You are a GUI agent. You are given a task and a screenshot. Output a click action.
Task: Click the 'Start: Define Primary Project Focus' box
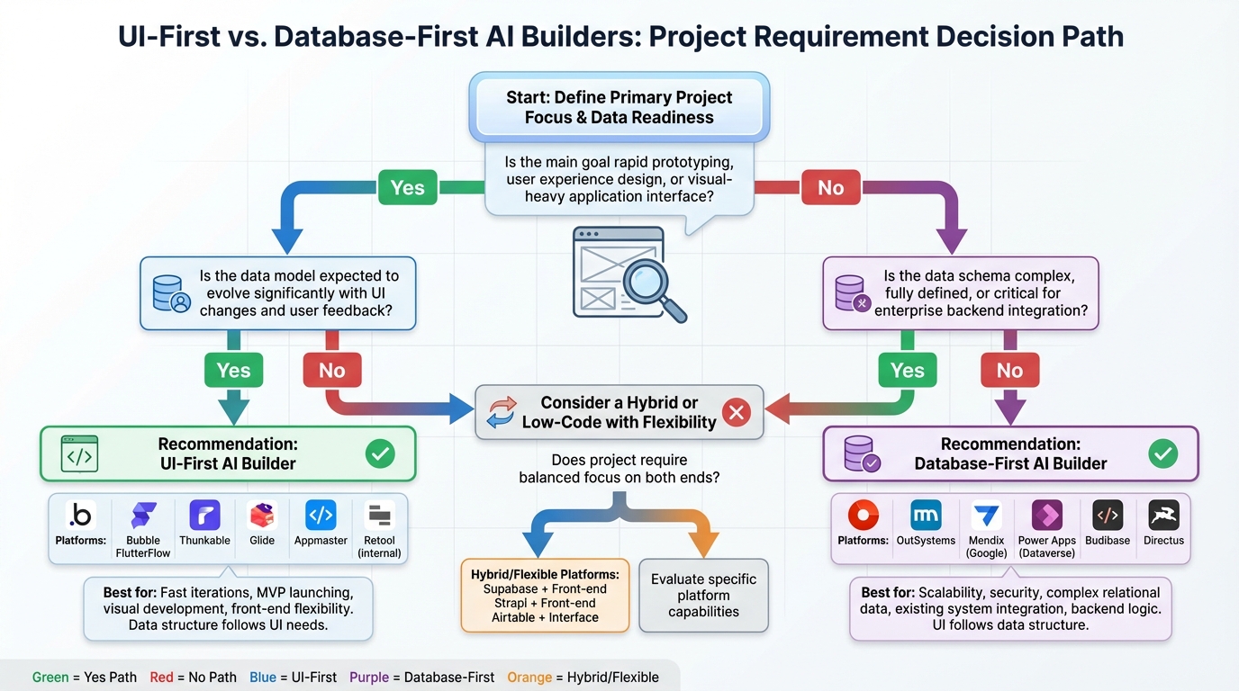(x=619, y=107)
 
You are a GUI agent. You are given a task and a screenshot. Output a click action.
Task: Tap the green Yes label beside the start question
(x=407, y=187)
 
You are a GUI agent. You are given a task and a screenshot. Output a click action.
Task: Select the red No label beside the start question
(x=830, y=187)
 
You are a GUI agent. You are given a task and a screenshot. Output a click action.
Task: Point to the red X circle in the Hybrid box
(x=737, y=413)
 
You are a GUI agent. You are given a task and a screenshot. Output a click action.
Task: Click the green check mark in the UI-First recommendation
(x=380, y=454)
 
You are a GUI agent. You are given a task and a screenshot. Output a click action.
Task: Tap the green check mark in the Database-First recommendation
(x=1163, y=454)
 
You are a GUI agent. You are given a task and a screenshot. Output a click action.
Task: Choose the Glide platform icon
(x=262, y=516)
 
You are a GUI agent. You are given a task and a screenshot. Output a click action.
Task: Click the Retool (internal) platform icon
(x=379, y=516)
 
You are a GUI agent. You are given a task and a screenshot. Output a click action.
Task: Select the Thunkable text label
(x=204, y=541)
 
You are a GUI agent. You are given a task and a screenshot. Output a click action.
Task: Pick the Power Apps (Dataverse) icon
(x=1046, y=516)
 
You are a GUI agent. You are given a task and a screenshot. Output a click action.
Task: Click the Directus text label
(x=1163, y=541)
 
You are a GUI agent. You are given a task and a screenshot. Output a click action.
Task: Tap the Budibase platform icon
(x=1108, y=516)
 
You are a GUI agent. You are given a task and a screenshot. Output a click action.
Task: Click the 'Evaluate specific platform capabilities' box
(x=703, y=596)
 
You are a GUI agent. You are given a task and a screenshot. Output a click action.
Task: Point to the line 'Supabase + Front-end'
(x=545, y=589)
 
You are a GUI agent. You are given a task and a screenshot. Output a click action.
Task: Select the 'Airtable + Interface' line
(x=545, y=617)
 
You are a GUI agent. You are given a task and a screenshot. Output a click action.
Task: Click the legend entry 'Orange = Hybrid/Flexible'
(x=583, y=678)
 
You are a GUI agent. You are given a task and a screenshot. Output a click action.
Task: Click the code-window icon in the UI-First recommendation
(x=79, y=454)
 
